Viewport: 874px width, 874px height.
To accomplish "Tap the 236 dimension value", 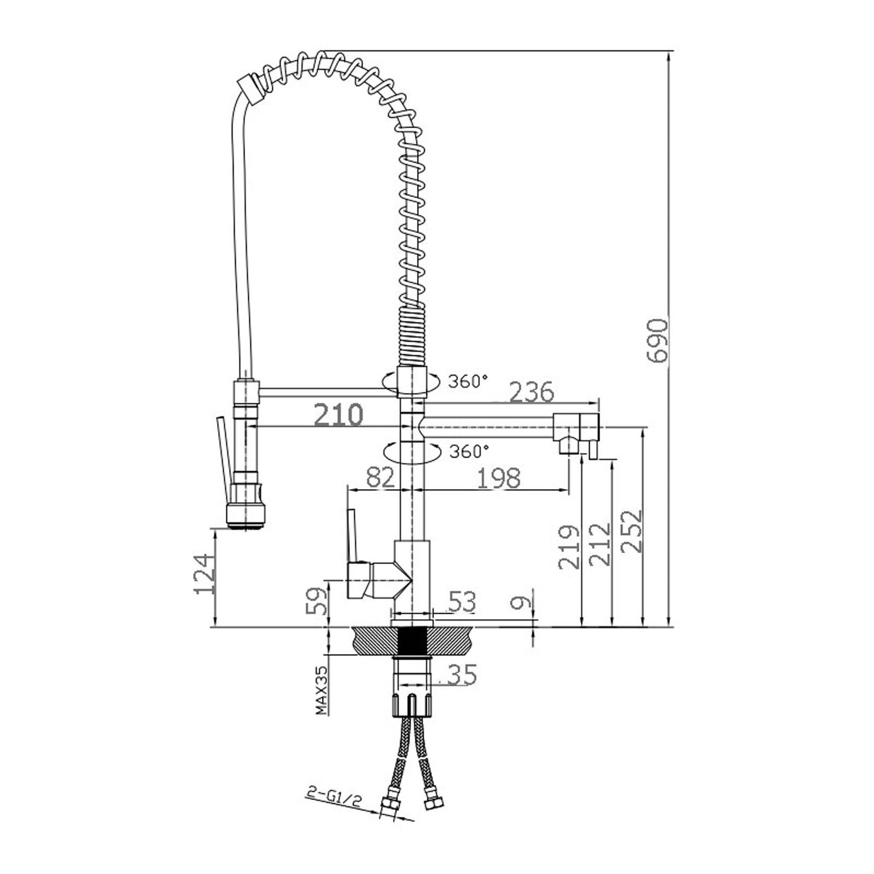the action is coord(531,392).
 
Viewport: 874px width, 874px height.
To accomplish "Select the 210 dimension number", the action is coord(338,415).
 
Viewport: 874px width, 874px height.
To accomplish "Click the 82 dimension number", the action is coord(381,478).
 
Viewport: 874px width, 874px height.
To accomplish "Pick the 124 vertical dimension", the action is coord(204,573).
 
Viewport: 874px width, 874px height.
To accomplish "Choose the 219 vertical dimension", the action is coord(569,547).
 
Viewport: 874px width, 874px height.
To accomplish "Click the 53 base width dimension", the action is coord(462,602).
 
